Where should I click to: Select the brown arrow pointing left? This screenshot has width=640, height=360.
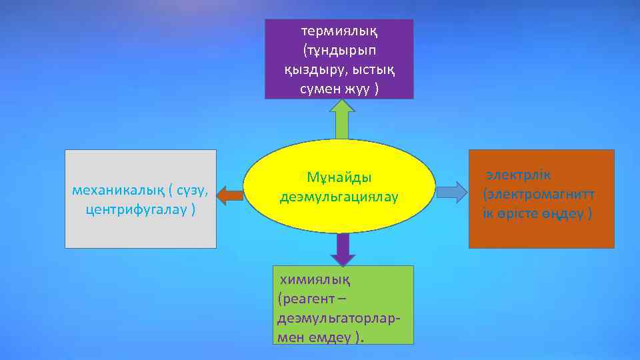pyautogui.click(x=231, y=195)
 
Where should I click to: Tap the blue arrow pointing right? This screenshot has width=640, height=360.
pyautogui.click(x=452, y=192)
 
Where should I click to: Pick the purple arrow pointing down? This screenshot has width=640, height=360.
pyautogui.click(x=343, y=249)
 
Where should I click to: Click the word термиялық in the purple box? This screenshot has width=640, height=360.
pyautogui.click(x=339, y=31)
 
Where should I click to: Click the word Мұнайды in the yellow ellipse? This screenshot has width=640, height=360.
pyautogui.click(x=339, y=177)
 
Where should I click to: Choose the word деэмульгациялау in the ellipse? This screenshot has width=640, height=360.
pyautogui.click(x=339, y=197)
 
